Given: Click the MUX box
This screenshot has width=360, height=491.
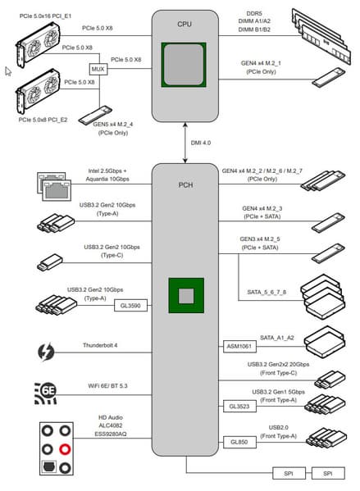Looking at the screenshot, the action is (x=98, y=69).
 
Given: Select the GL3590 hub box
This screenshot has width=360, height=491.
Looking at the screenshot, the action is (x=130, y=306).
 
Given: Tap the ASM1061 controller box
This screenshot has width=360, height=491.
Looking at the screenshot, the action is (x=239, y=347).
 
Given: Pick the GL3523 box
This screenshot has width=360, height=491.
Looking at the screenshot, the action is (x=239, y=407).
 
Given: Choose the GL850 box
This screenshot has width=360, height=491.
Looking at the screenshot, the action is (x=239, y=442).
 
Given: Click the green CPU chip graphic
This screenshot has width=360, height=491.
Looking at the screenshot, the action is (x=184, y=65).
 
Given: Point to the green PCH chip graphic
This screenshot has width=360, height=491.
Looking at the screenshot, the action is (x=186, y=295).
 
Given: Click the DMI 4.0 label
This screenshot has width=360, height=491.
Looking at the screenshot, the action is (x=201, y=143).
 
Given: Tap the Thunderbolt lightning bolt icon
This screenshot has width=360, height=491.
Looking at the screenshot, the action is (x=46, y=352).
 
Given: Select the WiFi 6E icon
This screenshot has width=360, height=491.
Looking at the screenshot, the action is (x=46, y=393).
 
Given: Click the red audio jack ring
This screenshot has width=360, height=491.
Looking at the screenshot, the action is (x=65, y=449).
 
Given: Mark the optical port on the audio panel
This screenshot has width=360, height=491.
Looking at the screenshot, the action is (x=49, y=467).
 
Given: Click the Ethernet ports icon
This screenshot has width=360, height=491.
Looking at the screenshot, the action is (x=54, y=186).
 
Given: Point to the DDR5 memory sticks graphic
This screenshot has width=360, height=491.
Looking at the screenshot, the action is (x=321, y=37).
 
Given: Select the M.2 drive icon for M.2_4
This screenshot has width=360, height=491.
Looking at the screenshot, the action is (x=95, y=115).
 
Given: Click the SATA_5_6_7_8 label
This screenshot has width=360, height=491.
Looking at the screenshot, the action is (x=267, y=292).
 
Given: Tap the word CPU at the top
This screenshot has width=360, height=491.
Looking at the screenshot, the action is (x=185, y=24).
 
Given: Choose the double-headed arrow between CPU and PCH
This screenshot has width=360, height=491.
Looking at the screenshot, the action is (x=185, y=143).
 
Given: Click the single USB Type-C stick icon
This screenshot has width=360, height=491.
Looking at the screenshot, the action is (x=50, y=262).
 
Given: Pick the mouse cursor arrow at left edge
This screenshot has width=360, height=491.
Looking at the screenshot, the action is (x=8, y=71).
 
